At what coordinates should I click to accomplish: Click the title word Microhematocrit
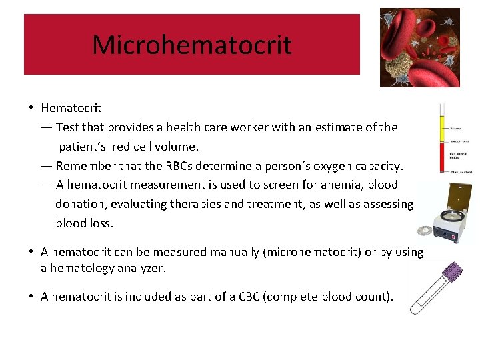(191, 45)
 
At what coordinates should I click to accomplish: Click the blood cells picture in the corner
(419, 47)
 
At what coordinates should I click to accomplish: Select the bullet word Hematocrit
(71, 108)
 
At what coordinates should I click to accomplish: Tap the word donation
(82, 204)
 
